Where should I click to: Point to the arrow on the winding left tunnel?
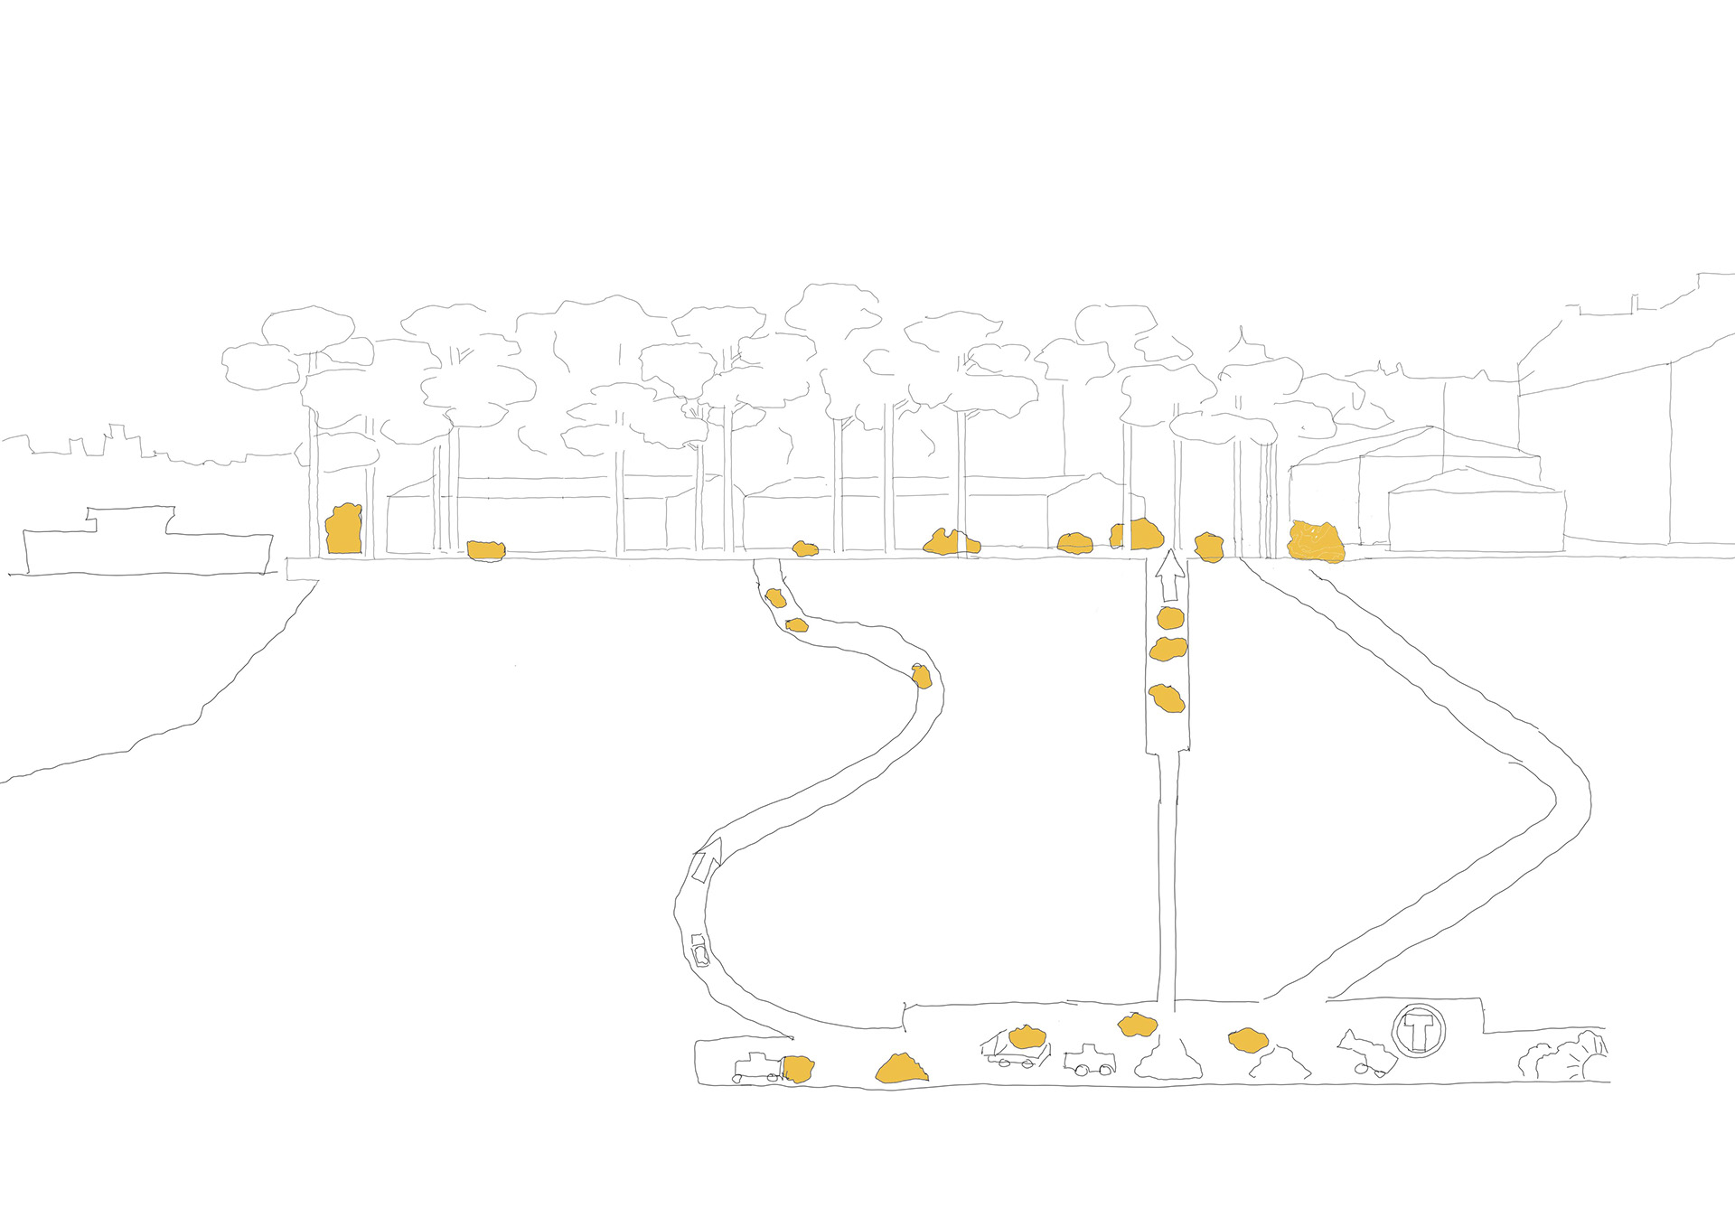pos(708,858)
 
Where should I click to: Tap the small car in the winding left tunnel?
pos(699,952)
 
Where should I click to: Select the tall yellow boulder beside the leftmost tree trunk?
pos(343,529)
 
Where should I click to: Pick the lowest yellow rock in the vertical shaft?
pos(1166,698)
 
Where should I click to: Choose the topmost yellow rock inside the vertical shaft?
pos(1170,619)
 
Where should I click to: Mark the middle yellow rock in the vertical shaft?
pos(1168,649)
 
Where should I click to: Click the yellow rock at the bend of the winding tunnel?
pos(921,677)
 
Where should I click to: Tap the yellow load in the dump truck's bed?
pos(1027,1036)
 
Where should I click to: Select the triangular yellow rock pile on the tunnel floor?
pos(901,1069)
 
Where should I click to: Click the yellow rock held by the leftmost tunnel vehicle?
pos(798,1069)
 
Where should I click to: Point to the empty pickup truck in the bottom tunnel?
pos(1089,1061)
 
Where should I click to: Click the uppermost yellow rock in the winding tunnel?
pos(775,597)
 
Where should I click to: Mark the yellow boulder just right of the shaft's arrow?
pos(1208,548)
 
